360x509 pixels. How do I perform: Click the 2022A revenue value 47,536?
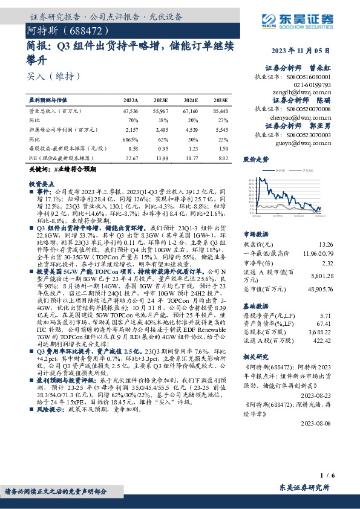130,112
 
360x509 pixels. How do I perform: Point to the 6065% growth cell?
131,139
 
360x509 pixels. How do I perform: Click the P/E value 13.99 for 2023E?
161,158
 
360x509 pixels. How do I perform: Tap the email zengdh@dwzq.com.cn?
307,93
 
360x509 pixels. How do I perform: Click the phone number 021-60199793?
313,86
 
